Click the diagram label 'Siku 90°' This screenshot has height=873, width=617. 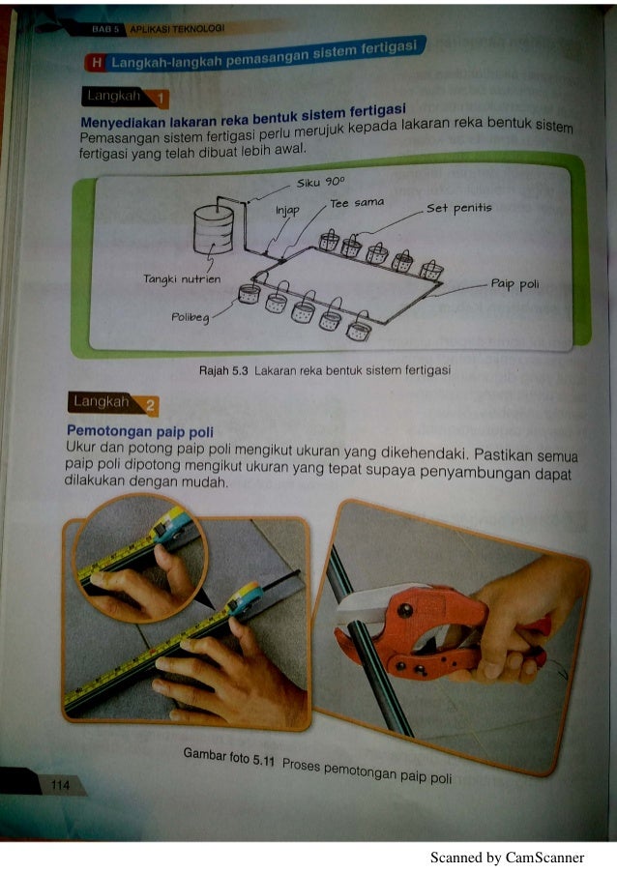point(321,182)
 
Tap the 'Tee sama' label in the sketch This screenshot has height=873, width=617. point(357,203)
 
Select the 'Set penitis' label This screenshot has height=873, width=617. point(459,209)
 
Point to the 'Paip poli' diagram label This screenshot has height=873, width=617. point(515,284)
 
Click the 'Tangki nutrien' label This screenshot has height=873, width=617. point(182,278)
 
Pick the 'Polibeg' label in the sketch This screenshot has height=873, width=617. point(191,317)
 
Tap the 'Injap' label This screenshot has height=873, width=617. point(287,211)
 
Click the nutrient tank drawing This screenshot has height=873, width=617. point(214,229)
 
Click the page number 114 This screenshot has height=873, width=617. point(60,785)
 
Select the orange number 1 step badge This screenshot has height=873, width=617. point(161,100)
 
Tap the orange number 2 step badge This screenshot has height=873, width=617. point(150,405)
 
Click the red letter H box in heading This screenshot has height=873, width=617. point(97,63)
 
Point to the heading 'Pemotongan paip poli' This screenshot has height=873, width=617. point(140,431)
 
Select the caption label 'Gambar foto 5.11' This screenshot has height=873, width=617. point(229,757)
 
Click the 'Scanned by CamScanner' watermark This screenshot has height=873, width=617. point(508,858)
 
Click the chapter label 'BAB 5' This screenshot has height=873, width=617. point(105,30)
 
